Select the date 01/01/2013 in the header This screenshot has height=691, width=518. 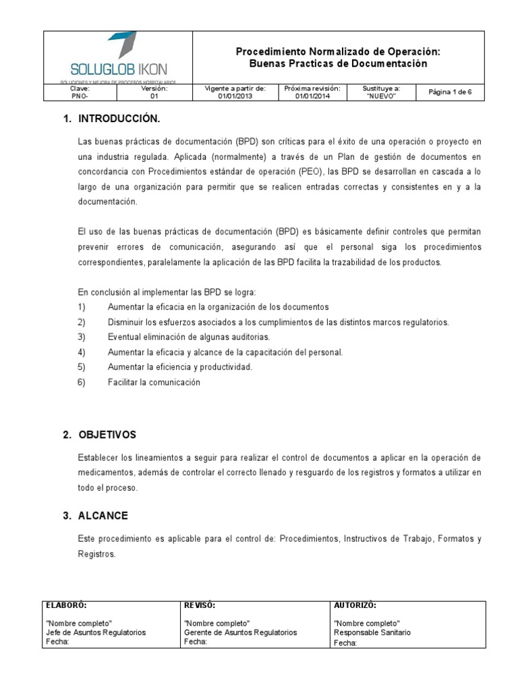234,96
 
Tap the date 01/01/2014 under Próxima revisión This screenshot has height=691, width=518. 312,96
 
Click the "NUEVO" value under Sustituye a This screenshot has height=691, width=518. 381,96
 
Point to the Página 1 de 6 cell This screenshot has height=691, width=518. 450,92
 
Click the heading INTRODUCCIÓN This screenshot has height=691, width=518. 119,119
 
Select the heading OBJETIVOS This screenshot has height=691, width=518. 107,435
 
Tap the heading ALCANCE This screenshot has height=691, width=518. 103,516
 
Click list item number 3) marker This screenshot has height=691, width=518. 82,337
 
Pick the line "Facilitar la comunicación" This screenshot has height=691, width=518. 154,383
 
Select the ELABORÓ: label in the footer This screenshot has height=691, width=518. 66,606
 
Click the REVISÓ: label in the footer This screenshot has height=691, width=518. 200,606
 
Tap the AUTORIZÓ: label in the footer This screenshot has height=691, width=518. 355,606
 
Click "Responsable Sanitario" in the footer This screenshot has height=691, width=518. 372,633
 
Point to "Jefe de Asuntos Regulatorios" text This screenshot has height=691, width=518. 96,633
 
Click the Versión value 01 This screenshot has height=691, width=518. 154,96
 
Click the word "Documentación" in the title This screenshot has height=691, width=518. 391,63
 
